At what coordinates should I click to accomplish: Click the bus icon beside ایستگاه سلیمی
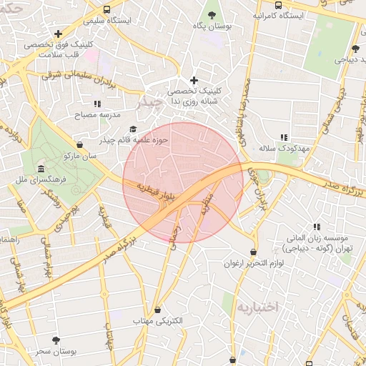click(x=107, y=10)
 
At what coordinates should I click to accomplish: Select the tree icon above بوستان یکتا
click(x=211, y=14)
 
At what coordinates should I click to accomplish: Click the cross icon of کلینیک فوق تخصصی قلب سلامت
click(x=58, y=33)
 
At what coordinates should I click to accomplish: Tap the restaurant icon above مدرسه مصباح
click(x=97, y=104)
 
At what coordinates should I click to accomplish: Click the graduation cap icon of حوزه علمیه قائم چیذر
click(x=133, y=129)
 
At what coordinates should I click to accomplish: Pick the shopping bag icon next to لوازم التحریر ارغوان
click(x=233, y=252)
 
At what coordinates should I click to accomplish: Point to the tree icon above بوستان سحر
click(x=56, y=340)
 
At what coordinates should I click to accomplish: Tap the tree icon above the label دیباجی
click(x=355, y=49)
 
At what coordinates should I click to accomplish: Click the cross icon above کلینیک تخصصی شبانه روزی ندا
click(x=193, y=80)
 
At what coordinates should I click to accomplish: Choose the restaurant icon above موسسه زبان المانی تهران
click(x=317, y=227)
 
